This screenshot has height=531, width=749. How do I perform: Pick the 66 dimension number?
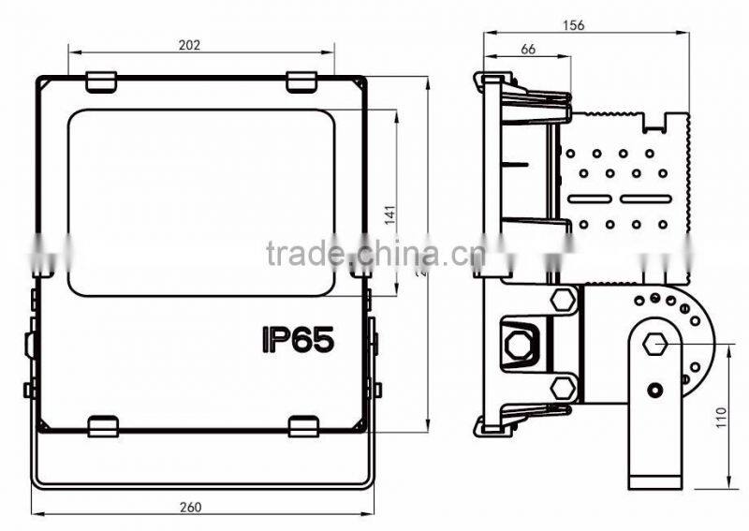coord(527,51)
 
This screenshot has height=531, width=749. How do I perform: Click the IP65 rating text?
coord(298,338)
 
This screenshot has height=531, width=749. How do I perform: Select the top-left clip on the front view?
coord(101,82)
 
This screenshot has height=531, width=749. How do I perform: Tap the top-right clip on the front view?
coord(301,82)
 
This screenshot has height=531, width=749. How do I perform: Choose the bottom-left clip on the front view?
coord(102,426)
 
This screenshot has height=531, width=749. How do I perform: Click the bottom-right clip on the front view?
coord(303,426)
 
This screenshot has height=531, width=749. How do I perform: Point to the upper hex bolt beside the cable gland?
coord(564,301)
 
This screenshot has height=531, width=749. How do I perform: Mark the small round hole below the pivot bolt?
coord(654,388)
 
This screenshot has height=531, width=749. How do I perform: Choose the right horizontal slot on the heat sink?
coord(646,199)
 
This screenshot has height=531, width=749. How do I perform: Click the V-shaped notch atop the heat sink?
coord(656,119)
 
